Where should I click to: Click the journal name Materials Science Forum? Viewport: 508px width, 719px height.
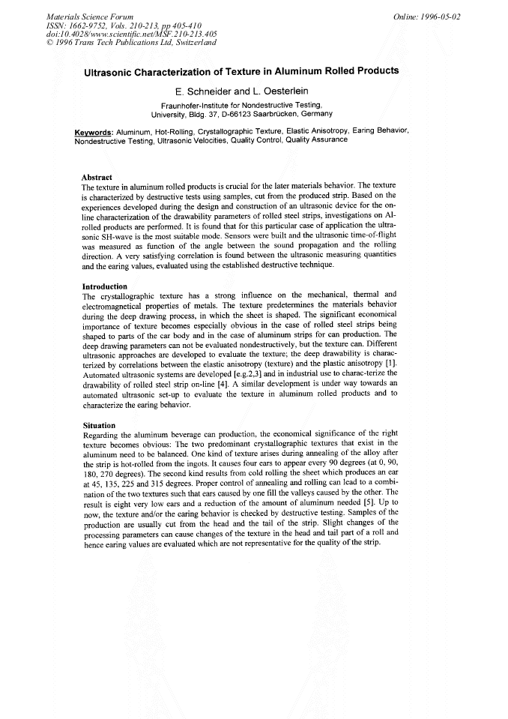[90, 16]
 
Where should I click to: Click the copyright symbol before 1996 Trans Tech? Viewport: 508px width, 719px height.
[49, 43]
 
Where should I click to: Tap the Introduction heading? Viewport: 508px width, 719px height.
[104, 286]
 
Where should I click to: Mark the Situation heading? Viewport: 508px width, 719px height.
[99, 425]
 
